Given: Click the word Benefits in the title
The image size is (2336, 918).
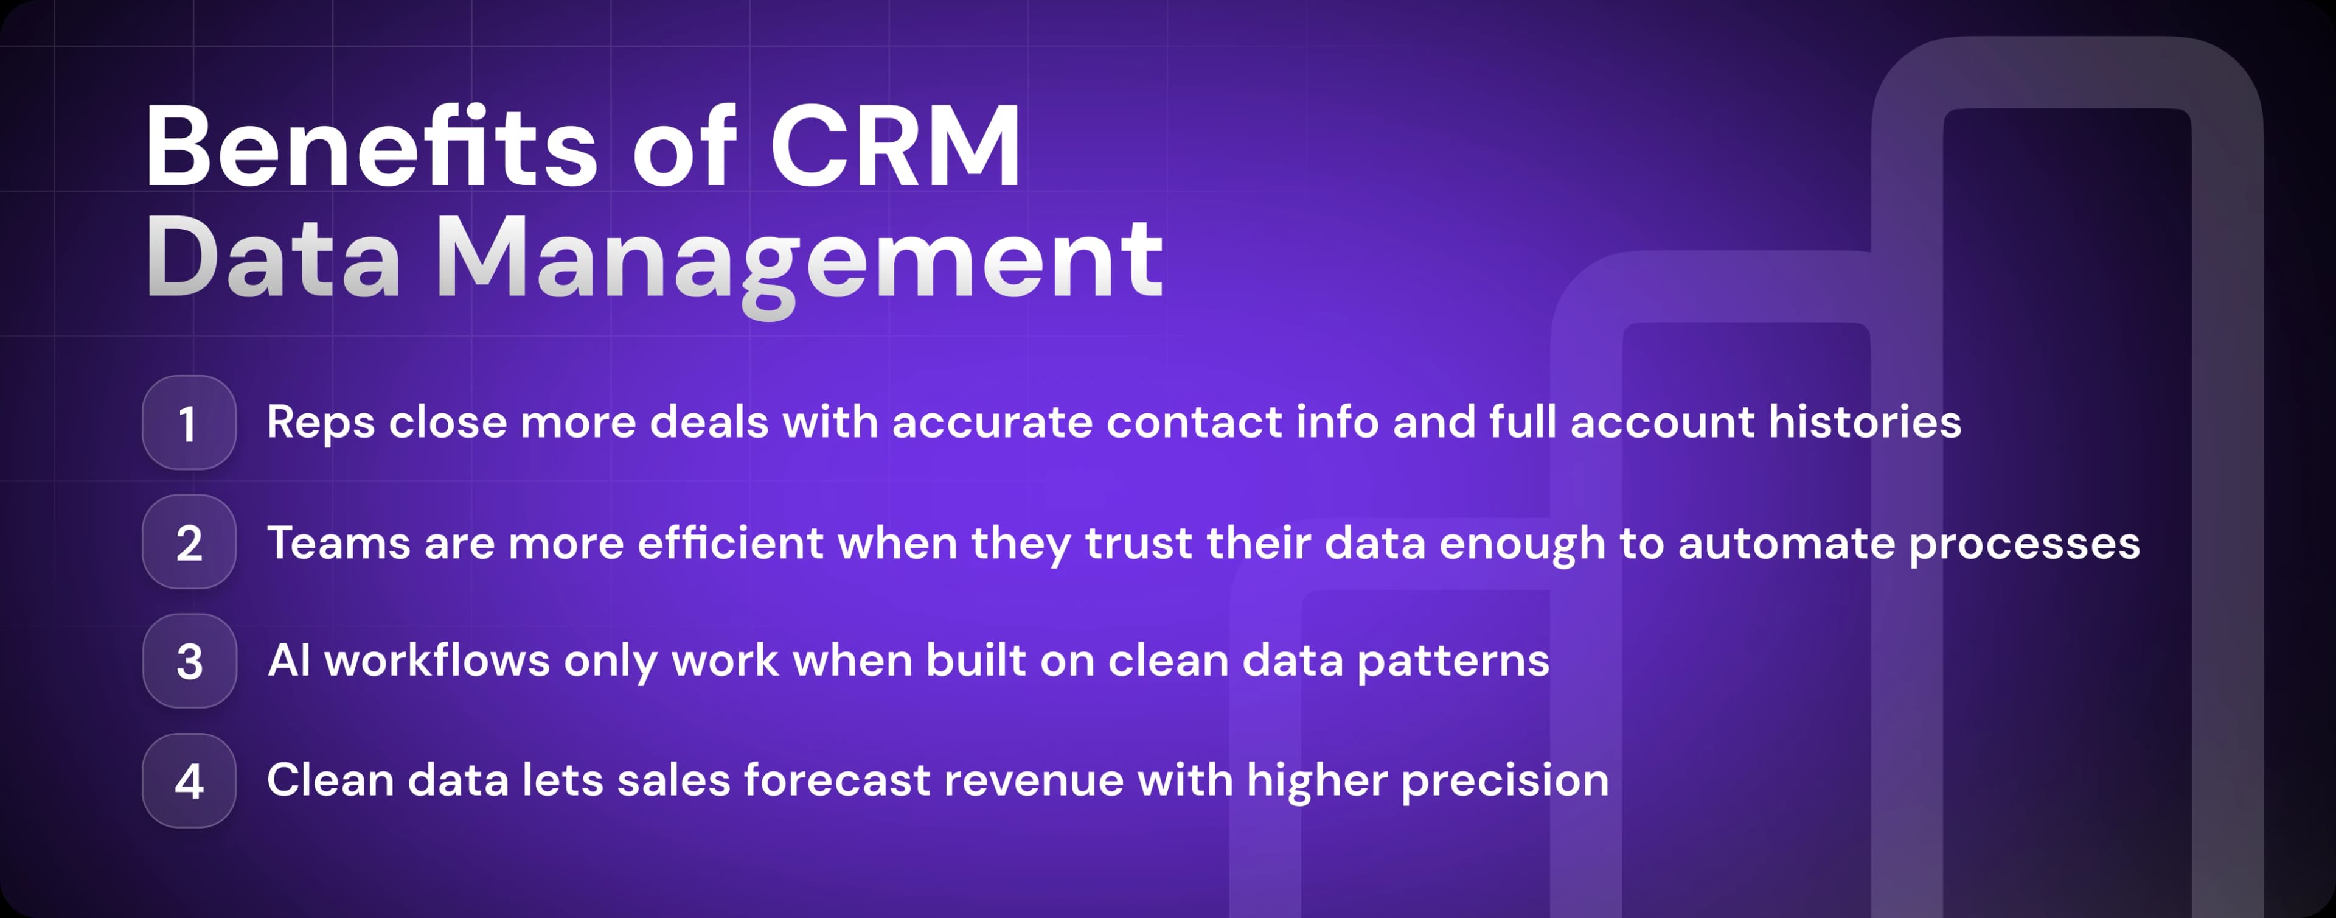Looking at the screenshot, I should click(x=371, y=146).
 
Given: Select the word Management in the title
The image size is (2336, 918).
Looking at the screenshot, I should click(x=799, y=261).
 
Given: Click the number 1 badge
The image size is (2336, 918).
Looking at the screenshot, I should click(x=189, y=422).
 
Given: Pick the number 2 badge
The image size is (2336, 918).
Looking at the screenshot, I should click(x=189, y=542).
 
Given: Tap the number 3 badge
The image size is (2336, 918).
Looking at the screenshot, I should click(x=189, y=661).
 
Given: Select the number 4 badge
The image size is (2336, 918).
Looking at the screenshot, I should click(x=189, y=781).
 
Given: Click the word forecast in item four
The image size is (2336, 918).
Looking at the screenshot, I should click(x=836, y=780).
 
